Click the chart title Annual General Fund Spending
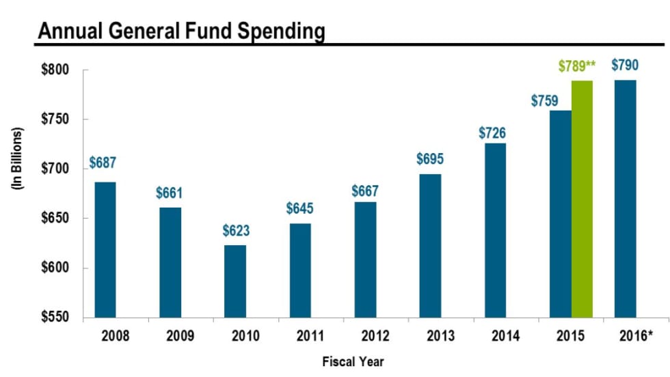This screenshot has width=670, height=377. click(x=180, y=30)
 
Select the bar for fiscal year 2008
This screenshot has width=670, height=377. click(x=105, y=249)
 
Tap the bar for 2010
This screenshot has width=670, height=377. click(x=235, y=281)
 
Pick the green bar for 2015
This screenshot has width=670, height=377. click(x=582, y=199)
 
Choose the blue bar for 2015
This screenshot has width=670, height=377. click(x=560, y=214)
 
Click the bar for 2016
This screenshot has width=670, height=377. click(x=625, y=199)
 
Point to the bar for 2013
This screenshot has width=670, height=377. click(x=430, y=246)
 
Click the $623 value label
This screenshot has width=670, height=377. click(x=236, y=231)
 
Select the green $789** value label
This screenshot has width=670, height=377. click(x=577, y=66)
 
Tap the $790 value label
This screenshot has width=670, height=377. click(x=625, y=66)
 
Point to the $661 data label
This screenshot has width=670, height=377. click(x=170, y=193)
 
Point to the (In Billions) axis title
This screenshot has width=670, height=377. click(x=20, y=158)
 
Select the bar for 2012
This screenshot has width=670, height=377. click(x=365, y=260)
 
